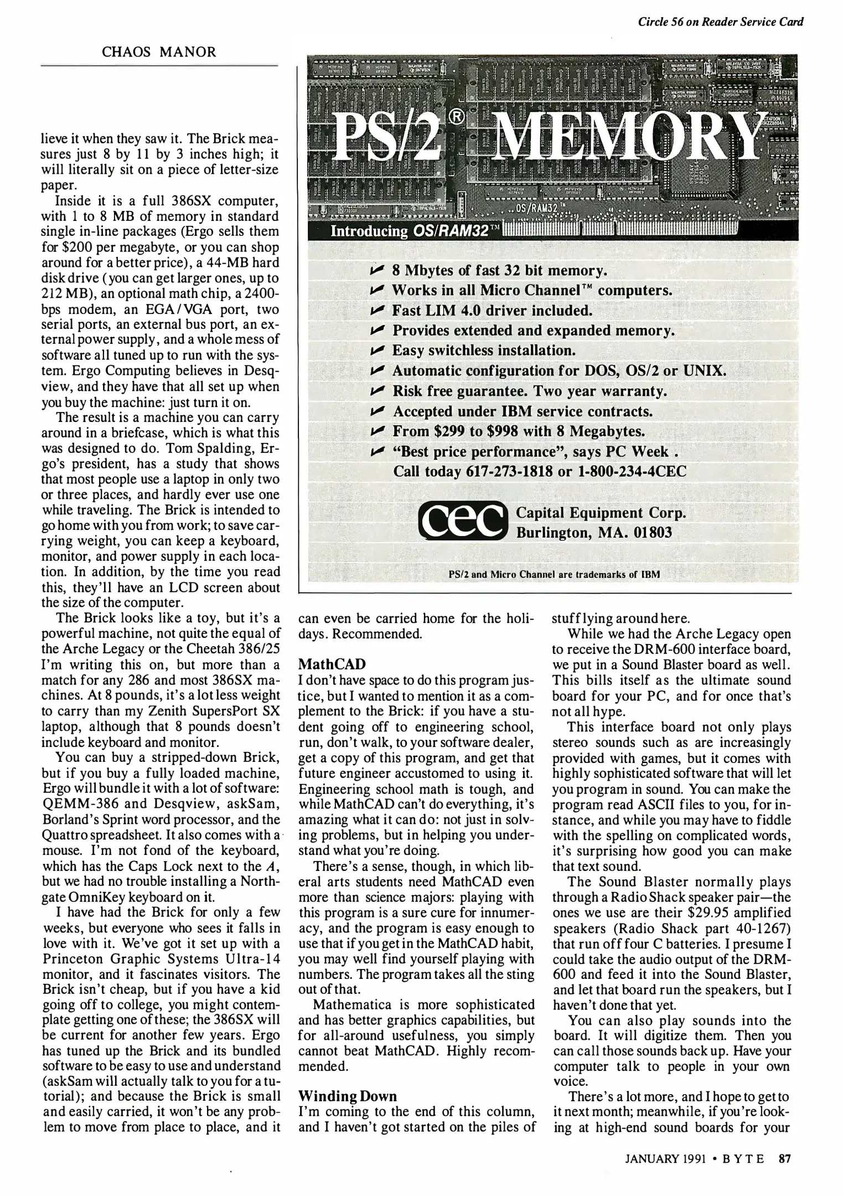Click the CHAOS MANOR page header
coord(159,52)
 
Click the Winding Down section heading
coord(348,1096)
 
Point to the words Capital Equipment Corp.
coord(601,513)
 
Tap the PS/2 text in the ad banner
coord(387,137)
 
